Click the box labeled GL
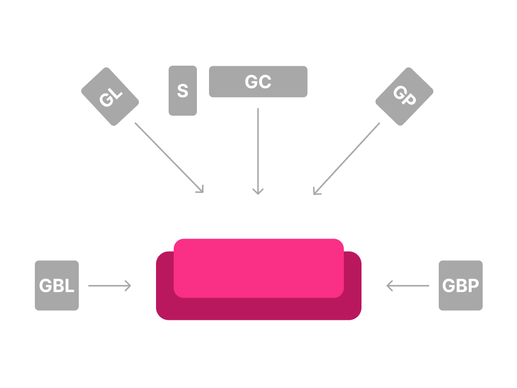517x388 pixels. [110, 96]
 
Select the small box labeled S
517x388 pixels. [183, 91]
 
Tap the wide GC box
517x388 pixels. [258, 81]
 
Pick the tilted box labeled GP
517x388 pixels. [404, 96]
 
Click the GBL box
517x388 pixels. [57, 285]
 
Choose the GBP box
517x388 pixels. [460, 285]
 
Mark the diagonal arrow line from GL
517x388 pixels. [169, 157]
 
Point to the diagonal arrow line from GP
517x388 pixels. [347, 158]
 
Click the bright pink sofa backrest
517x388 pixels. [259, 268]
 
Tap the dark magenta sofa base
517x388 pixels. [259, 309]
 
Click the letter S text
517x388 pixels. [183, 91]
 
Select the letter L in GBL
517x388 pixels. [70, 285]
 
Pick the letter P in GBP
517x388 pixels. [474, 285]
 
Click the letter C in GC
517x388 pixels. [265, 82]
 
